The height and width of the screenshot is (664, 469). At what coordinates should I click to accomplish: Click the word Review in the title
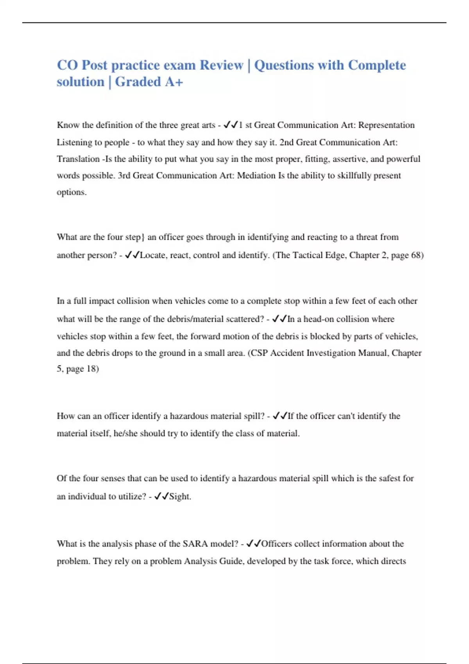[221, 65]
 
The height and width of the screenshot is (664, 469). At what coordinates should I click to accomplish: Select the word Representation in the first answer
[387, 125]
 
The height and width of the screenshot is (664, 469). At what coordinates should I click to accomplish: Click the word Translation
[78, 159]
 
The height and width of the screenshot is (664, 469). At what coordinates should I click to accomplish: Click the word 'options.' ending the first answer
[72, 192]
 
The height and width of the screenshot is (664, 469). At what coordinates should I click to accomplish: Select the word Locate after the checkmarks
[153, 255]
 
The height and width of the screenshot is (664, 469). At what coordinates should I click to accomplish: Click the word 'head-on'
[319, 319]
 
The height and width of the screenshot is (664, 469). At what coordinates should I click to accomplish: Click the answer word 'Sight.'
[180, 496]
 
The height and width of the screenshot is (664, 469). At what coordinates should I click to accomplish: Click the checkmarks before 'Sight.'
[161, 496]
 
